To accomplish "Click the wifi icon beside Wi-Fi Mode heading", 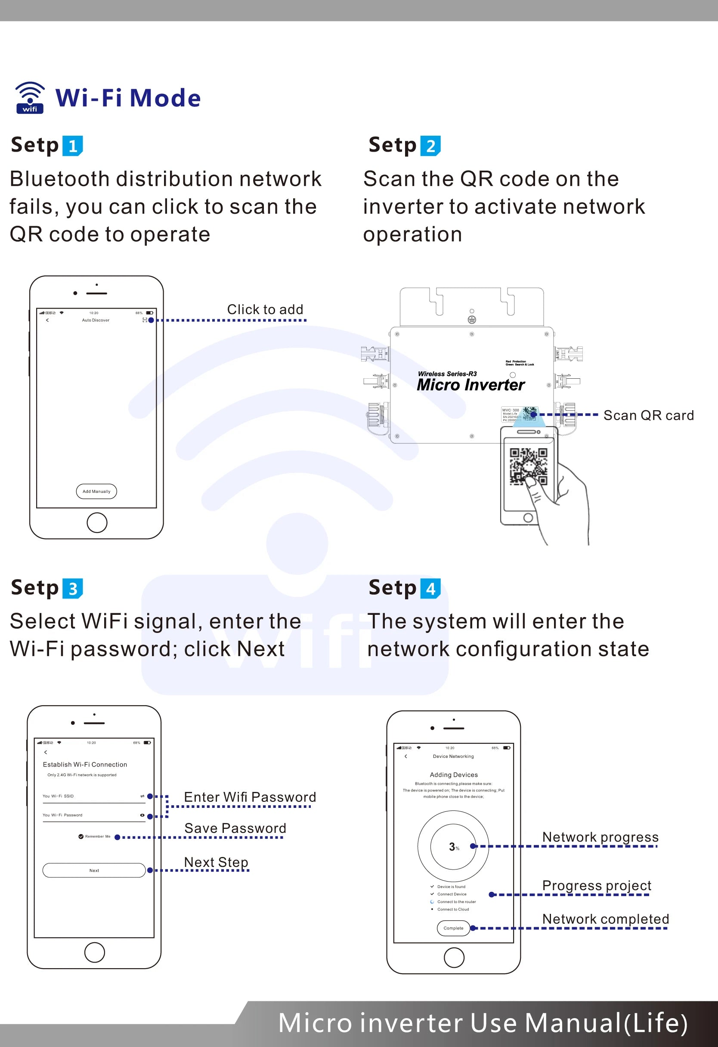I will pos(30,98).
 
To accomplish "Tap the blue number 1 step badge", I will pos(72,146).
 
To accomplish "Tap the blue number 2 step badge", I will pos(430,146).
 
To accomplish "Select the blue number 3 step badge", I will pos(72,589).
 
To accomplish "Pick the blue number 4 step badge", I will pos(430,589).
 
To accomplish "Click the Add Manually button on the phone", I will pos(96,492).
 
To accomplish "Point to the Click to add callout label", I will pos(265,309).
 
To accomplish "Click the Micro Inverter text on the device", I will pos(470,385).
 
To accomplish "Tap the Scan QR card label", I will pos(648,415).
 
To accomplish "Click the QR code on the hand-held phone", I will pos(528,466).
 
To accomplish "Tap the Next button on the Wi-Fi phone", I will pos(94,870).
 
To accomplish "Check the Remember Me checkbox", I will pos(81,837).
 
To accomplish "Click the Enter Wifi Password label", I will pos(250,797).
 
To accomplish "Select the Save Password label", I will pos(235,828).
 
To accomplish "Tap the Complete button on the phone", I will pos(453,928).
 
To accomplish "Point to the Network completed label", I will pos(605,919).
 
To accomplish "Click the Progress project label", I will pos(597,885).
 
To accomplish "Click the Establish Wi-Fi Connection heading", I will pos(85,764).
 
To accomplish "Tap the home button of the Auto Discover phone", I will pos(97,523).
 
